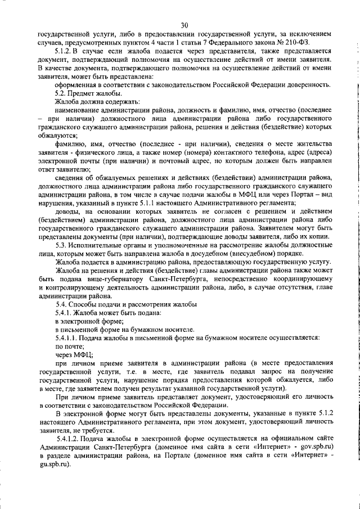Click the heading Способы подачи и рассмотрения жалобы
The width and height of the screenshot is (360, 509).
tap(133, 304)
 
